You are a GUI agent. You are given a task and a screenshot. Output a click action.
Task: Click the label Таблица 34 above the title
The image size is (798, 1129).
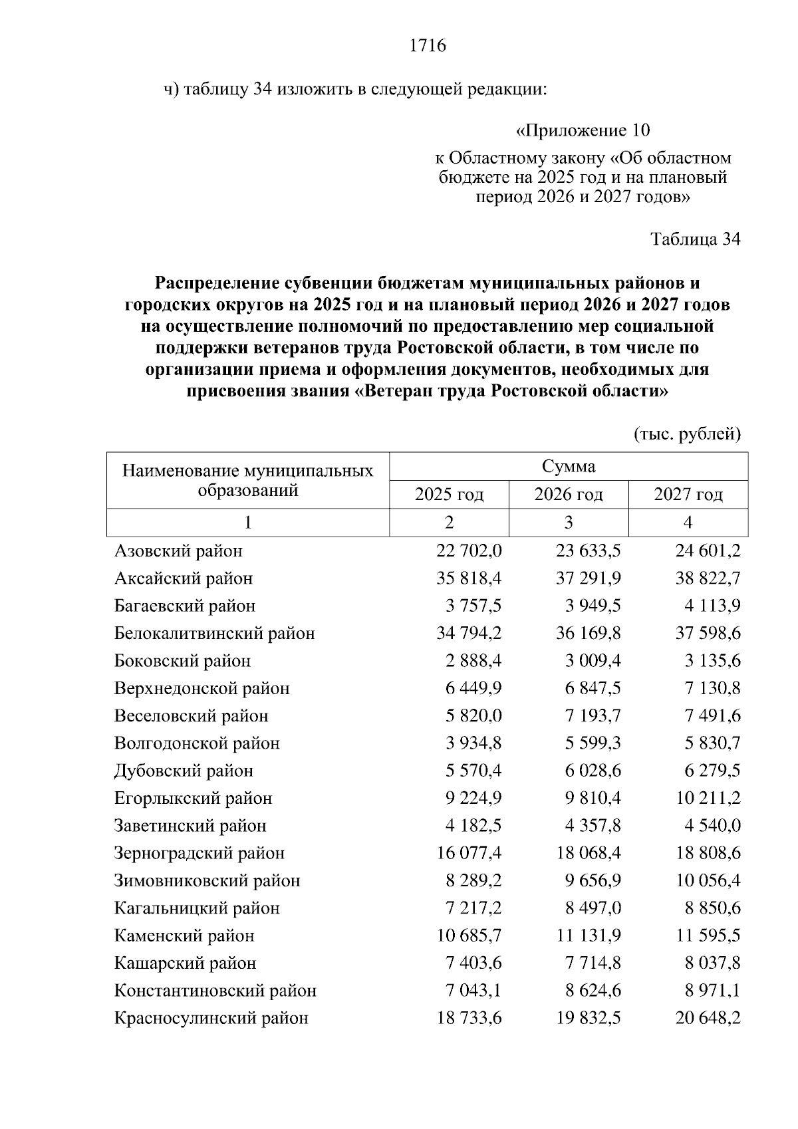[x=695, y=239]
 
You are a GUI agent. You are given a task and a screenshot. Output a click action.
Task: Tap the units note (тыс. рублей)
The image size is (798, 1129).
[x=688, y=434]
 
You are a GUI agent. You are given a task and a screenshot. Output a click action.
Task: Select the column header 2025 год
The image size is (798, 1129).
[x=449, y=495]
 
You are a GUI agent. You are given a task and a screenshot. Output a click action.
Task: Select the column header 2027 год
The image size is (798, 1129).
[x=688, y=495]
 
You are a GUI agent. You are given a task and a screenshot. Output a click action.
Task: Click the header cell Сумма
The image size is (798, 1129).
[x=569, y=466]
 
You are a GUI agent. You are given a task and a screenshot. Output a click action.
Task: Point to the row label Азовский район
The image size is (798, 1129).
[x=178, y=551]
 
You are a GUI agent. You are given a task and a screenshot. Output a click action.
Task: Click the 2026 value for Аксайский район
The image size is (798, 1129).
[x=588, y=578]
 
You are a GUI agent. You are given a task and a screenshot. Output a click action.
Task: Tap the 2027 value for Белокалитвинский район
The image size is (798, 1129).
[x=708, y=634]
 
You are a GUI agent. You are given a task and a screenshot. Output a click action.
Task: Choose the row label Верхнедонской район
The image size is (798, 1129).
[x=201, y=688]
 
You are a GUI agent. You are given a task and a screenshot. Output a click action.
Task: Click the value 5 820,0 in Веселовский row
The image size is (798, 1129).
[x=473, y=716]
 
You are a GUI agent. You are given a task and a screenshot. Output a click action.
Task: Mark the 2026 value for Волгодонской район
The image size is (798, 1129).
[x=593, y=743]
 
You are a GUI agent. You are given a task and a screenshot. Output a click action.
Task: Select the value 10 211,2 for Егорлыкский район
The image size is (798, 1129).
[x=708, y=798]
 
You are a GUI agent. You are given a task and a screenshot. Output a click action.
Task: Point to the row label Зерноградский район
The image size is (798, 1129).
[x=199, y=853]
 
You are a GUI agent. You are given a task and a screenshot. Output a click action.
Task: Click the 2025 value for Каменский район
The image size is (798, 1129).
[x=469, y=936]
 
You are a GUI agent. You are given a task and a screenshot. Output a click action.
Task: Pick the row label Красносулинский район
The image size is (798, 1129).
[x=211, y=1018]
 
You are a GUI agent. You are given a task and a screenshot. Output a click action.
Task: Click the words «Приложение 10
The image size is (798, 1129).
[x=583, y=130]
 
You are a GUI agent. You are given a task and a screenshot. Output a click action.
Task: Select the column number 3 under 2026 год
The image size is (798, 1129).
[x=569, y=523]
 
